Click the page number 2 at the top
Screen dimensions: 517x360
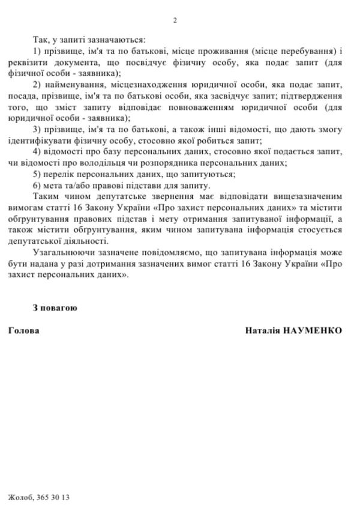point(175,21)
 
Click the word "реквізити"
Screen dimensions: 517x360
point(28,63)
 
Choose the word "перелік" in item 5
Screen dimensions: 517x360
point(58,174)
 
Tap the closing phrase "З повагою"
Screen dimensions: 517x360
point(55,307)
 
